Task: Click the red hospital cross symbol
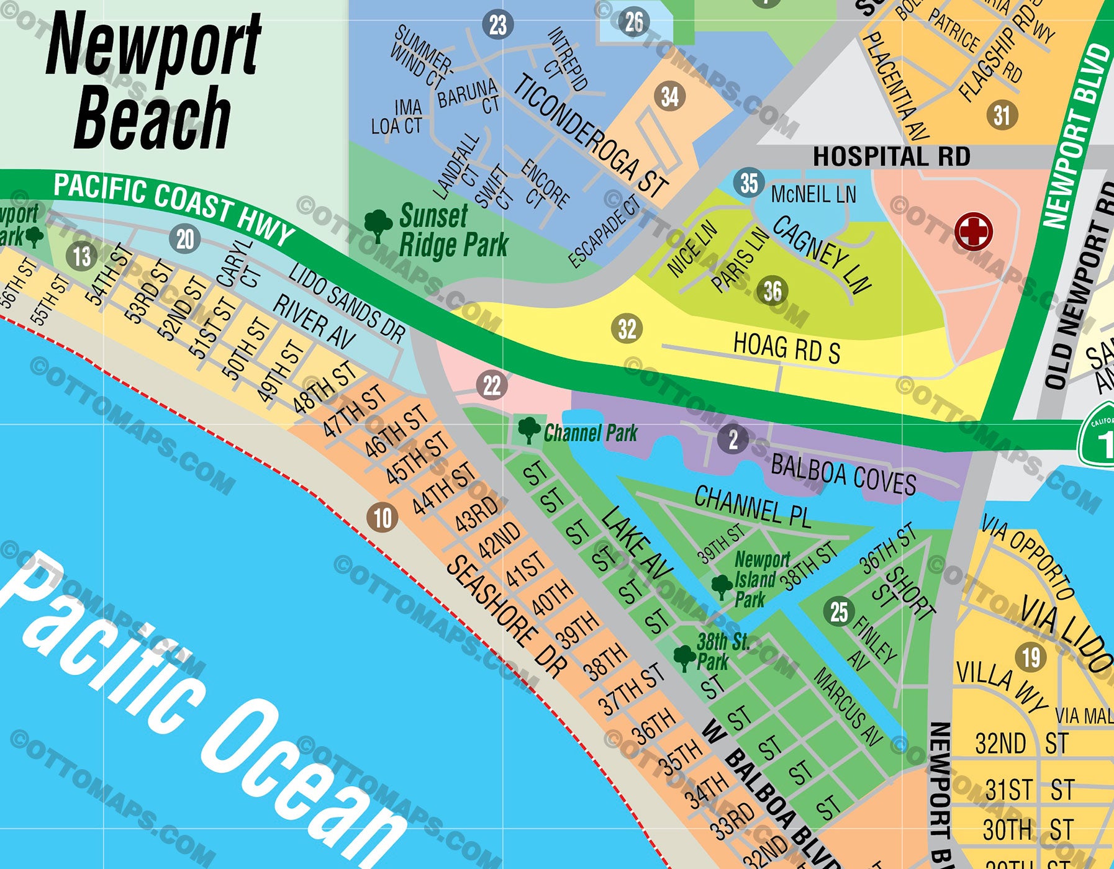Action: [x=974, y=232]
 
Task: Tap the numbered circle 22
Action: [x=492, y=385]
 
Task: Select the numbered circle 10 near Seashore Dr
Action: [x=383, y=517]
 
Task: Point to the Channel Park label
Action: [x=590, y=433]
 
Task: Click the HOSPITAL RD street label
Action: [x=891, y=156]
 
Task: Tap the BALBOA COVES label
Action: [x=843, y=474]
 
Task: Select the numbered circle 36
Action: [x=772, y=290]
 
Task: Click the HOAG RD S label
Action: [x=786, y=348]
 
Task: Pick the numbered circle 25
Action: [x=839, y=611]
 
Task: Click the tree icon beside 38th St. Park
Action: [x=684, y=657]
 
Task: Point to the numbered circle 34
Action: [x=669, y=97]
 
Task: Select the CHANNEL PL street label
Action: [x=752, y=507]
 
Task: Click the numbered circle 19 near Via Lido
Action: [x=1031, y=657]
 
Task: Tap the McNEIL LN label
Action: [x=813, y=194]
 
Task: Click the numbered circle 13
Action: [x=82, y=256]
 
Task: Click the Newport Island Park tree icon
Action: [x=721, y=585]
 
